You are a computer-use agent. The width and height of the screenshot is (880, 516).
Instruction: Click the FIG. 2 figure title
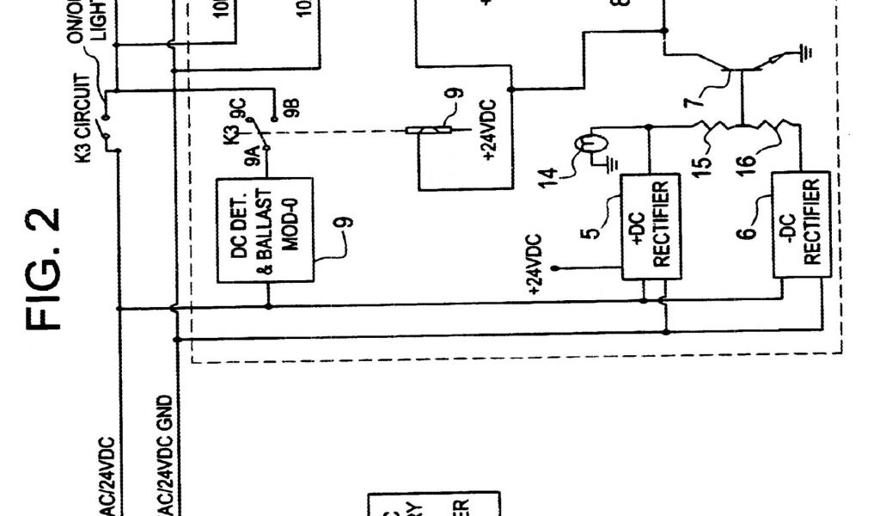(x=46, y=267)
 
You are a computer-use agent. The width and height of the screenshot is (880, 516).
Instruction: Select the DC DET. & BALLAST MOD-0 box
(x=265, y=230)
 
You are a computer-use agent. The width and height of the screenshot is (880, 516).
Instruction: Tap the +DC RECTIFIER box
(x=651, y=225)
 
